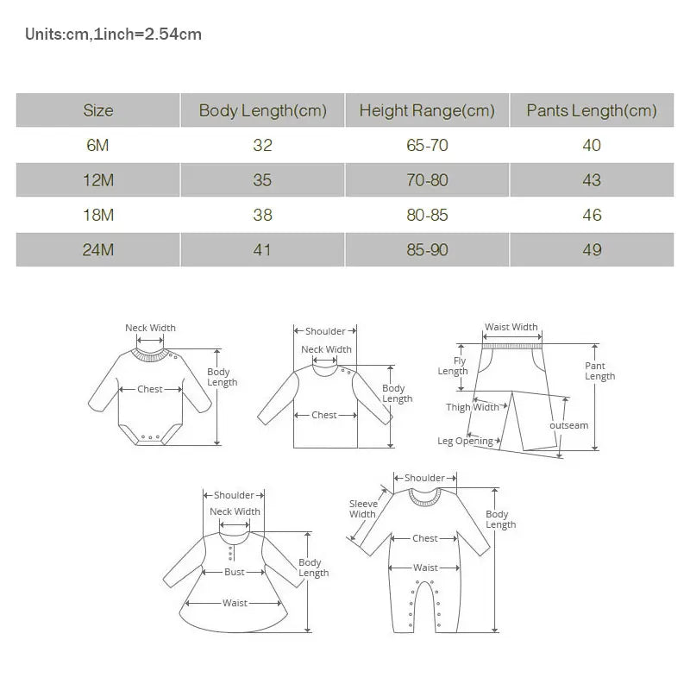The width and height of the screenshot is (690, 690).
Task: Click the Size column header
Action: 97,110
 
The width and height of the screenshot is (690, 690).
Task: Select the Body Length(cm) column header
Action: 262,110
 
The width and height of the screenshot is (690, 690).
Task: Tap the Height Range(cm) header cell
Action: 427,110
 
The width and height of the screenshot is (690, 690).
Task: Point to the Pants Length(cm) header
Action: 592,110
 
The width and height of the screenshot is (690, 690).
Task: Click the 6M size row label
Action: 97,145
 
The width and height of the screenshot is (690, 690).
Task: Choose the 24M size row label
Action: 97,250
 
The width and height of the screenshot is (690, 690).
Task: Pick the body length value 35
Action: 262,180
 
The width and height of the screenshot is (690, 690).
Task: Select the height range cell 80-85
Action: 427,215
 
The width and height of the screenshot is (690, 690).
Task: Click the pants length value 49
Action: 592,250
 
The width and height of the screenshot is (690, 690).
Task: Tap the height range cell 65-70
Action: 427,145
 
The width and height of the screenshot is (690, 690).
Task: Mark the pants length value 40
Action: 592,145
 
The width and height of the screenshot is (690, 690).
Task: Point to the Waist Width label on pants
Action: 511,328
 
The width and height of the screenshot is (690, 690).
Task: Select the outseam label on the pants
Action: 568,425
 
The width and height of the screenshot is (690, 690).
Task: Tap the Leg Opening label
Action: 465,442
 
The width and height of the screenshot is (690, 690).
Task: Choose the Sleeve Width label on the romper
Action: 363,509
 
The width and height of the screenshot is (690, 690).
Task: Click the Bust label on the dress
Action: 235,572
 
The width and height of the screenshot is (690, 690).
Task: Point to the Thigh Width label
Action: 472,407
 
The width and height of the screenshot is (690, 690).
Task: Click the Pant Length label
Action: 599,371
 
